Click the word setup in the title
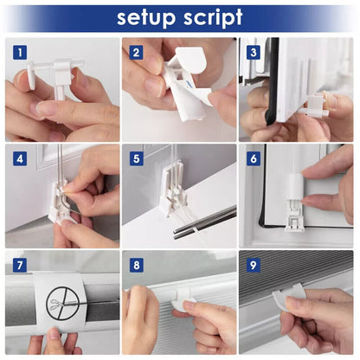tap(146, 18)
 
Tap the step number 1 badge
tap(20, 53)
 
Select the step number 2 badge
tap(136, 53)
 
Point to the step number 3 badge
tap(254, 53)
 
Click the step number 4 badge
tap(20, 158)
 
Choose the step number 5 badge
tap(136, 158)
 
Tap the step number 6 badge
tap(254, 158)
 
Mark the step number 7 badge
tap(20, 265)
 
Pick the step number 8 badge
tap(136, 265)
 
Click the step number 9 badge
tap(254, 265)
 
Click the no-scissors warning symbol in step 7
tap(62, 303)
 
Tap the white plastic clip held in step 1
tap(58, 76)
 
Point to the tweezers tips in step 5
tap(176, 233)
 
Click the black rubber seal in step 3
tap(272, 81)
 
